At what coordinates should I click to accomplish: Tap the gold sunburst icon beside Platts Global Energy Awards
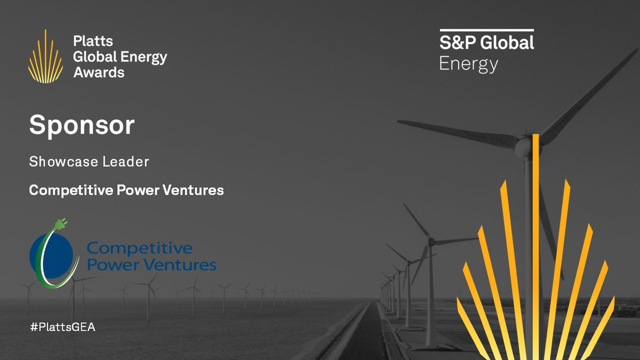45,58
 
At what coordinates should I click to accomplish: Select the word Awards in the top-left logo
99,72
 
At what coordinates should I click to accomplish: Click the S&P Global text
486,42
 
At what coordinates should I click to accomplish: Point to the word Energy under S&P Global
468,65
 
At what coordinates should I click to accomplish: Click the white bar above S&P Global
486,30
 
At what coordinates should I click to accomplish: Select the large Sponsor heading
82,125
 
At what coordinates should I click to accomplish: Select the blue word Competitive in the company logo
139,249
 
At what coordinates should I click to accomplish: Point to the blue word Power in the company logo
107,265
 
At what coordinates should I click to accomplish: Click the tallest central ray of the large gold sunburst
535,240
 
